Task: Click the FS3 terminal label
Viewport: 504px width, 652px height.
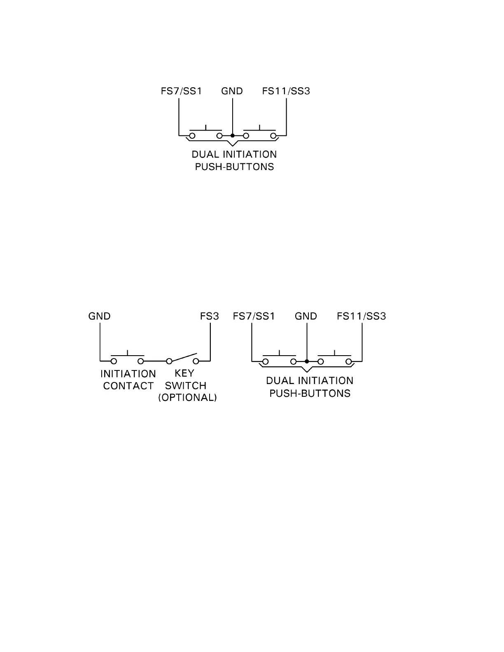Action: coord(210,316)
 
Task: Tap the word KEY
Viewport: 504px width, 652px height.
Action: coord(184,374)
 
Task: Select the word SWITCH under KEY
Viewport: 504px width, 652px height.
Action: coord(186,386)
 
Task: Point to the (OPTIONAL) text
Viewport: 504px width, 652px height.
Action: coord(187,398)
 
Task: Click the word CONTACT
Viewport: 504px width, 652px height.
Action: coord(128,386)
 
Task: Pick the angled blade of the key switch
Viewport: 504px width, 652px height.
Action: coord(183,357)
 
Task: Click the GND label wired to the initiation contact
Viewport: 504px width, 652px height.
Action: coord(99,316)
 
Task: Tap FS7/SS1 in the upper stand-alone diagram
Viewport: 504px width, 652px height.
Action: coord(181,91)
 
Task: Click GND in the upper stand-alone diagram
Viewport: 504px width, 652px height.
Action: coord(232,91)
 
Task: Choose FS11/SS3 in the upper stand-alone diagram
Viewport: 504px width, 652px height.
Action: coord(286,91)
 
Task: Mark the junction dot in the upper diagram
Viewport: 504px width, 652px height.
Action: coord(233,135)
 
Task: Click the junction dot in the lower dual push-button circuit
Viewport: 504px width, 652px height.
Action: coord(307,361)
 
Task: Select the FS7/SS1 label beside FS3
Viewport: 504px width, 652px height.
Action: coord(254,316)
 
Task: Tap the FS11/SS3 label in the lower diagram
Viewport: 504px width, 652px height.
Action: coord(361,316)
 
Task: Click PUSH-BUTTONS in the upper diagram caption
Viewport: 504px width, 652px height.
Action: coord(234,167)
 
